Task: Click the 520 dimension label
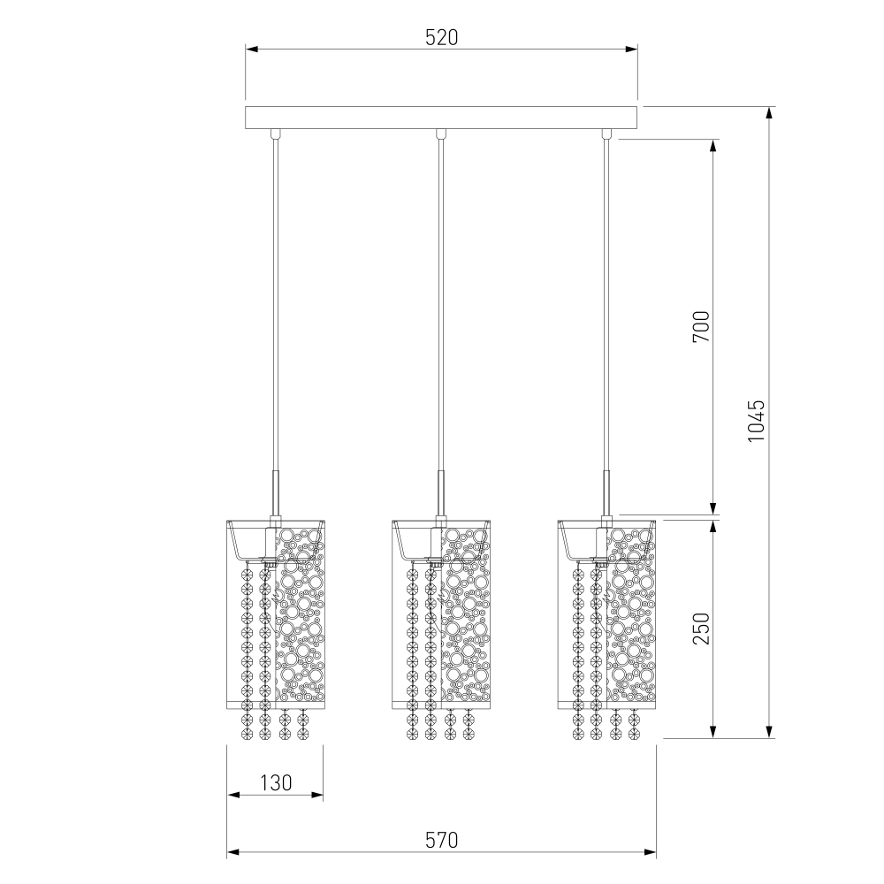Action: pos(441,37)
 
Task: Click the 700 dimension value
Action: pos(701,326)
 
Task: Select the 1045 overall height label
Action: pos(756,421)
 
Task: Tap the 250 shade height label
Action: pos(701,629)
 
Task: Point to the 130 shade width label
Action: pos(276,782)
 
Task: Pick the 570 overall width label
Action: pos(441,840)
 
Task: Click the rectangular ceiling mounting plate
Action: pos(441,118)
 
